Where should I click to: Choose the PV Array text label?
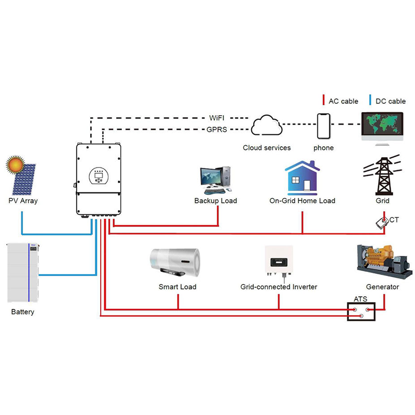tap(23, 201)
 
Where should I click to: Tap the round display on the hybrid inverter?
tap(98, 176)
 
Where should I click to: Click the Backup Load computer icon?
tap(215, 179)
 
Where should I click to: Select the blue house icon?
tap(302, 178)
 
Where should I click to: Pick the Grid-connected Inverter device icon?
tap(279, 260)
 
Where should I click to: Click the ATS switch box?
tap(361, 311)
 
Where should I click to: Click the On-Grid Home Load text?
tap(302, 201)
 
